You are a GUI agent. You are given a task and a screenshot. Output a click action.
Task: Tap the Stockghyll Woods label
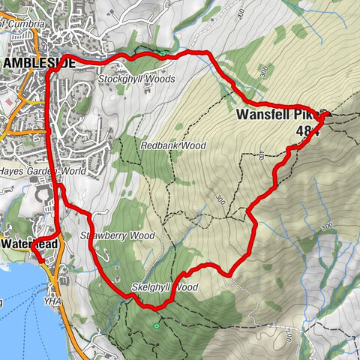136,79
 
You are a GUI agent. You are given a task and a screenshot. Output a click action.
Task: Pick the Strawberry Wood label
116,235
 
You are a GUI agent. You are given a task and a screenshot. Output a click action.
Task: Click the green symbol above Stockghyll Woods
163,53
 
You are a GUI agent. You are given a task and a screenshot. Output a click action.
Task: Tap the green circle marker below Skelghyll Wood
156,326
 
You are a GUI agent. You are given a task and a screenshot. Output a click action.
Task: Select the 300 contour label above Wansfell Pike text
263,71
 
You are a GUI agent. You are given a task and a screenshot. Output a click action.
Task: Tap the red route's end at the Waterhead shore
33,248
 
